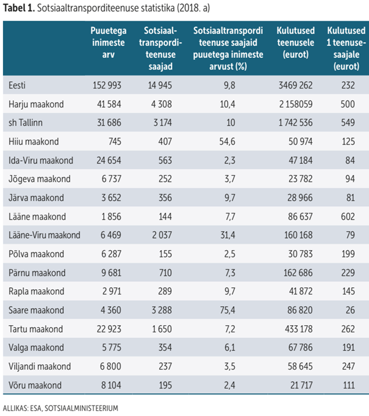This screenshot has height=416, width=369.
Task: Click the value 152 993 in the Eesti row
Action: tap(107, 85)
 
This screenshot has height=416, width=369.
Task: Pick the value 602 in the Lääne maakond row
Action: tap(348, 217)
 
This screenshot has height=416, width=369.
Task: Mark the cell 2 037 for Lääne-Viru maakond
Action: tap(160, 235)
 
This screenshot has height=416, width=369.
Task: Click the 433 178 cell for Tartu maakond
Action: tap(295, 329)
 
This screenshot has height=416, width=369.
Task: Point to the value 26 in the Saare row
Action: tap(348, 309)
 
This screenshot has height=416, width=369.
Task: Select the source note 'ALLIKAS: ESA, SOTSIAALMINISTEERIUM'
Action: tap(60, 407)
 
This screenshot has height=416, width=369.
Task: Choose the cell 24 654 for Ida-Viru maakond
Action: tap(107, 160)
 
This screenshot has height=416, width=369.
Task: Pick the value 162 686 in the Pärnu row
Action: tap(295, 273)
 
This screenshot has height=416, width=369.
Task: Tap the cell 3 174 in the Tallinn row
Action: tap(160, 123)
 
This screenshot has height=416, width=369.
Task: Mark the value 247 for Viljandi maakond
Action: tap(348, 367)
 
